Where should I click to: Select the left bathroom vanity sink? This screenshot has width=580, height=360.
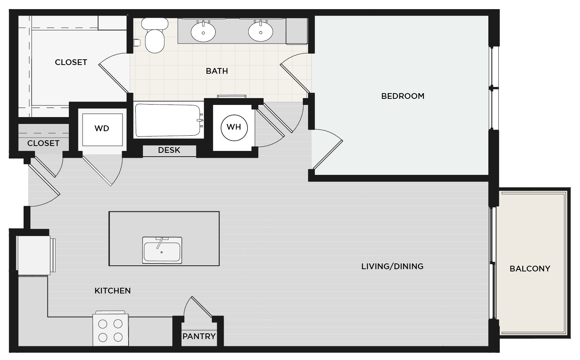pos(203,32)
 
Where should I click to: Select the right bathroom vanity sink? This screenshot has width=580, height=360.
pos(261,31)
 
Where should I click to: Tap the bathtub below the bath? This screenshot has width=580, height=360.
pos(168,120)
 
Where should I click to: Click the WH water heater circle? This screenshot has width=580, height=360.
pos(234,127)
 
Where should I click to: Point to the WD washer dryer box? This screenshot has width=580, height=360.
pos(102,129)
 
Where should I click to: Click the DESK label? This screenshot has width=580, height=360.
pos(169,151)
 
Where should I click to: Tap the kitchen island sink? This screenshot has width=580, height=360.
pos(162,250)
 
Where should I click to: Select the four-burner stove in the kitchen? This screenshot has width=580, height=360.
pos(110,330)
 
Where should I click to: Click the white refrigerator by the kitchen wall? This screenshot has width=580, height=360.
pos(34,255)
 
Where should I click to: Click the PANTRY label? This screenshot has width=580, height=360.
pos(199,336)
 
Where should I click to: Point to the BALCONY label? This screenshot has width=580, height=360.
pos(530,269)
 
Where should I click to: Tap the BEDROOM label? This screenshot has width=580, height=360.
pos(403,96)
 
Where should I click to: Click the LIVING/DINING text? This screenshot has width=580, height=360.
pos(392,266)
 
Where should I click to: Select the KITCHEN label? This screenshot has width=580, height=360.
pos(113,291)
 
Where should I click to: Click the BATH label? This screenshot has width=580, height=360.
pos(217,71)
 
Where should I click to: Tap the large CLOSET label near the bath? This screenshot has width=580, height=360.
pos(71,62)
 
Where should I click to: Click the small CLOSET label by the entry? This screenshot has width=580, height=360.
pos(43,143)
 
